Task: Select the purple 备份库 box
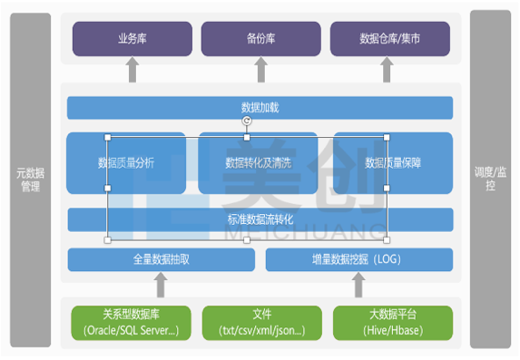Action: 260,39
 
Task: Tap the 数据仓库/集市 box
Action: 389,39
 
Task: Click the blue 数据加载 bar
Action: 260,108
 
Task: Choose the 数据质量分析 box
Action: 126,162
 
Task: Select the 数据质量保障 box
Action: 392,162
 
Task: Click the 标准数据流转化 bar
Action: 260,219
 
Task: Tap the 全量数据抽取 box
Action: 161,259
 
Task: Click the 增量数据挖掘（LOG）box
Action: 358,259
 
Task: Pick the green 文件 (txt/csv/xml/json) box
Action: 262,322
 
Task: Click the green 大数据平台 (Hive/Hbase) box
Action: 389,322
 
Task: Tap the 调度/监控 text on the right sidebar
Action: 490,179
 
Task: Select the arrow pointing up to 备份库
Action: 260,71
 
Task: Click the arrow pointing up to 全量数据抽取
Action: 162,286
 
